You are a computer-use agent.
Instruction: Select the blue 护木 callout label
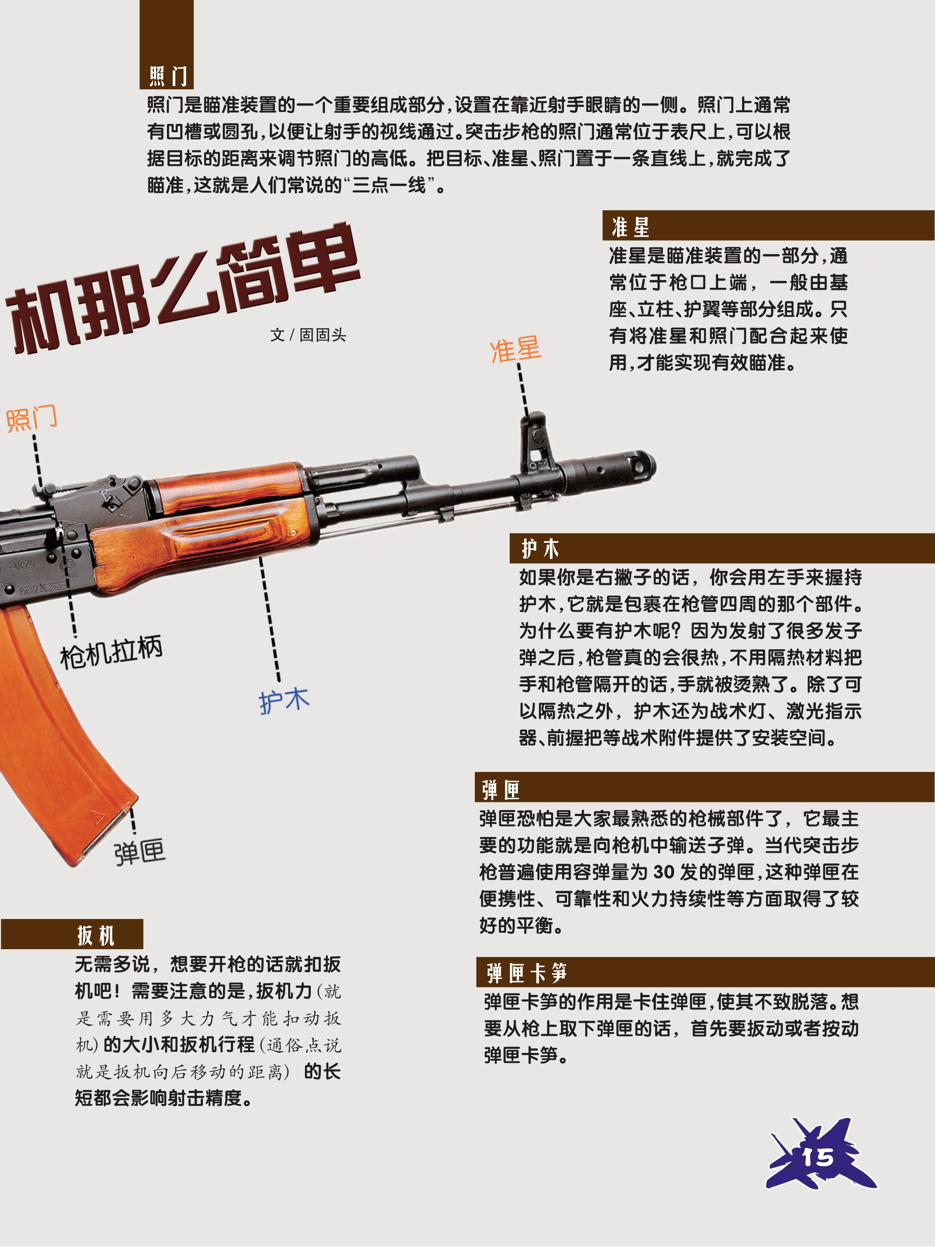[x=284, y=701]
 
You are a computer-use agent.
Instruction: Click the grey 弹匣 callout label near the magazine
[x=140, y=852]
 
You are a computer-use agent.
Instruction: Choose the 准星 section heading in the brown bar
[x=631, y=227]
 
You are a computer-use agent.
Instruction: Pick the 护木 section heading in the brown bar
[x=540, y=548]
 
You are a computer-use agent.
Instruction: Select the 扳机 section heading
[x=96, y=935]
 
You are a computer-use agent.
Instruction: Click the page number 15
[x=818, y=1157]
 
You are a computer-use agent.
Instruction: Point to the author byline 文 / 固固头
[x=308, y=335]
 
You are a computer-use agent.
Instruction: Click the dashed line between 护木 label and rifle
[x=270, y=619]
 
